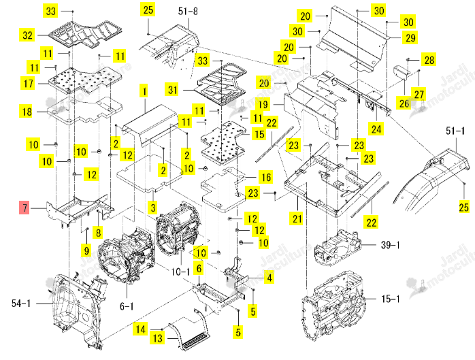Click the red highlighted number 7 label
pos(24,208)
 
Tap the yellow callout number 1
pos(144,91)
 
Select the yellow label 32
pos(28,35)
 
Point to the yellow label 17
pos(28,83)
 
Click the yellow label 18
pos(27,111)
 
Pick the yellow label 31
pos(173,89)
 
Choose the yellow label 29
pos(410,37)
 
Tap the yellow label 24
pos(376,129)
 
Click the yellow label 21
pos(297,218)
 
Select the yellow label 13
pos(157,338)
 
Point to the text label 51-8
pos(188,11)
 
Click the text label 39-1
pos(390,245)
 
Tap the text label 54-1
pos(21,303)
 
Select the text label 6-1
pos(127,306)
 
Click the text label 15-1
pos(391,299)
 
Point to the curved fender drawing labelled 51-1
pos(433,179)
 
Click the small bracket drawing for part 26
pos(400,73)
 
